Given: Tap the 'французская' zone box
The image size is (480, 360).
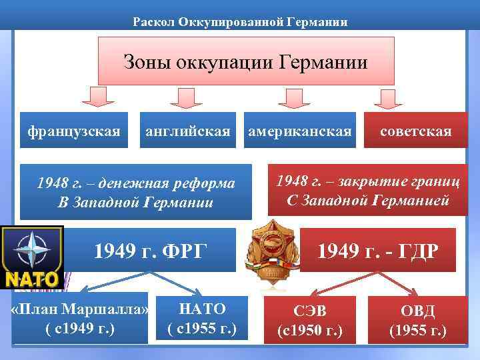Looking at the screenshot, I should tap(74, 131).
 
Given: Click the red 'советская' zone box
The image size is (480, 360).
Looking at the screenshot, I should tap(415, 131).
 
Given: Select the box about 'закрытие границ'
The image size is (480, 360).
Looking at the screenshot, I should tap(367, 190).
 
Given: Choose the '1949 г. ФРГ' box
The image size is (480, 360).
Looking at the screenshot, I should tap(151, 251).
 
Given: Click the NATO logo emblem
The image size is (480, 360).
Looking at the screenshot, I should tap(31, 257).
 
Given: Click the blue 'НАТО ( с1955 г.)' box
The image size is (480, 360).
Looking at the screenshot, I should tap(203, 318).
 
